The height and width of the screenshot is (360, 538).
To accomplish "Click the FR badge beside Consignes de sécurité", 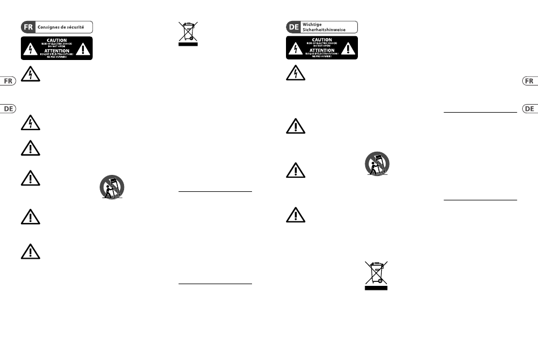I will [28, 27].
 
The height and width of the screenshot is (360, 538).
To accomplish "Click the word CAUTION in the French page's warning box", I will [56, 41].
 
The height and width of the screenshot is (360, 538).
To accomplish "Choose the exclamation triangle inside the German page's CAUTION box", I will [349, 49].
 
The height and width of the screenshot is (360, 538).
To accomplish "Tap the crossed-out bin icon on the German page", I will [376, 275].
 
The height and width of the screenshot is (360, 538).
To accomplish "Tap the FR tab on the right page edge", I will [529, 81].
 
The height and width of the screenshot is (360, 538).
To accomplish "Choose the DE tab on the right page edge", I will [529, 108].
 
